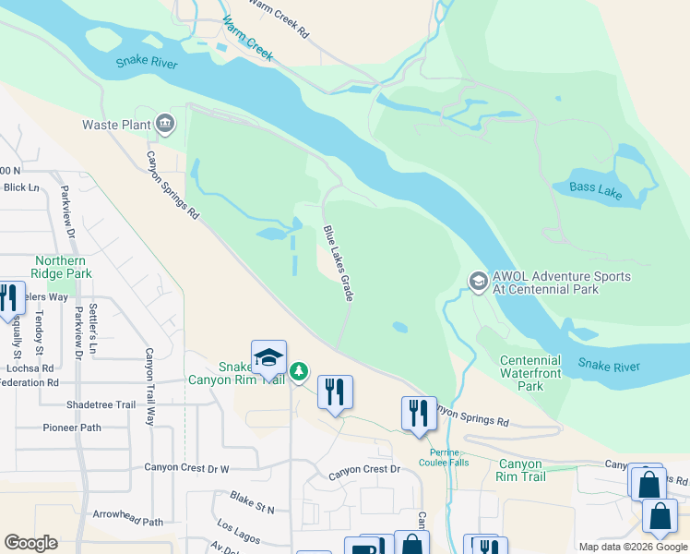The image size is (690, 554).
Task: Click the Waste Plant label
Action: point(115,125)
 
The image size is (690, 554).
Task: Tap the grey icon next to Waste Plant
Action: point(165,124)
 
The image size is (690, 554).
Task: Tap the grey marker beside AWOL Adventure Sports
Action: point(478,279)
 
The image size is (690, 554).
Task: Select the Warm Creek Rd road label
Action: point(277,16)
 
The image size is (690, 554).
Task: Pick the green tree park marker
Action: point(298,372)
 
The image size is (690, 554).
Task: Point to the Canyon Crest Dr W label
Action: point(186,468)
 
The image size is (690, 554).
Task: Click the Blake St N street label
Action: point(253,502)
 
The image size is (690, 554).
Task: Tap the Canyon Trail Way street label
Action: point(148,386)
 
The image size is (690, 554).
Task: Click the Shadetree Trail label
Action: point(101,404)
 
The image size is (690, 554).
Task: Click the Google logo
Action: point(30,543)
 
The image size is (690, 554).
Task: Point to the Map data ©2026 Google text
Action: point(632,547)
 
